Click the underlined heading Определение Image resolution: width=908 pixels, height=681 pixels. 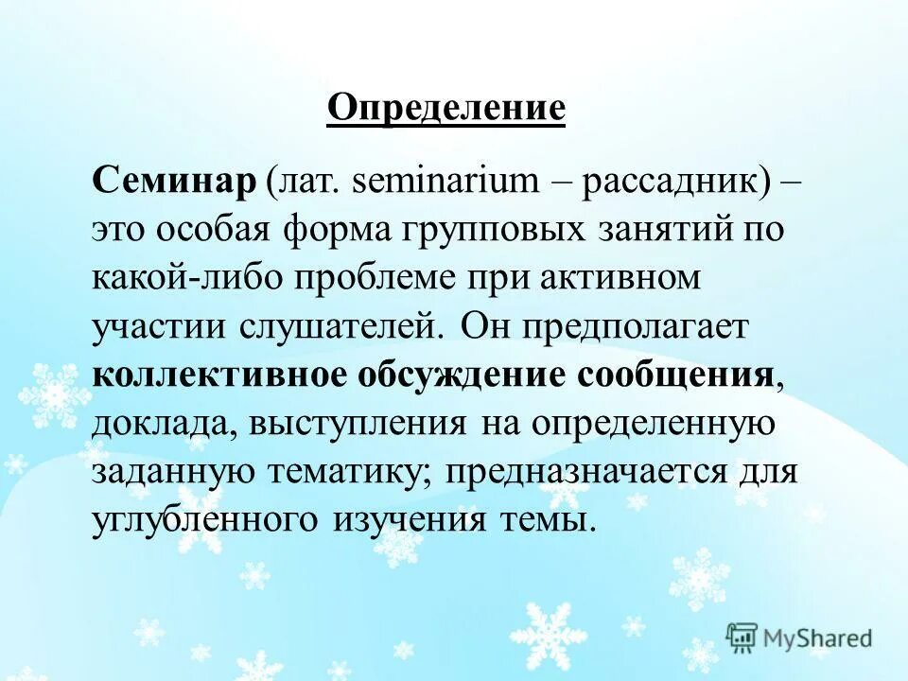pyautogui.click(x=446, y=109)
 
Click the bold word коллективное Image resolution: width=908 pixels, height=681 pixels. pyautogui.click(x=217, y=375)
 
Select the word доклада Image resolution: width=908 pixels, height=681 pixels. pyautogui.click(x=163, y=425)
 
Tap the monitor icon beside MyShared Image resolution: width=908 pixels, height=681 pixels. pyautogui.click(x=742, y=637)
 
